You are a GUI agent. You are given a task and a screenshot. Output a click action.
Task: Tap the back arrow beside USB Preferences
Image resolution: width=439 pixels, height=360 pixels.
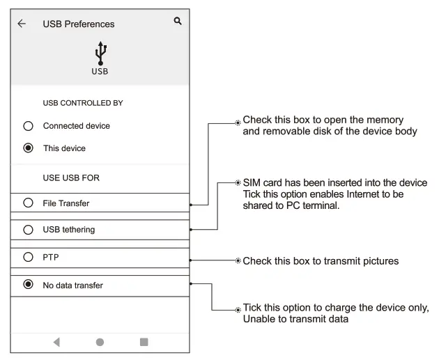coord(22,24)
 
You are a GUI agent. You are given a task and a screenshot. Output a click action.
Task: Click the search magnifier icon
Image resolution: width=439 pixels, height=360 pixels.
coord(178,22)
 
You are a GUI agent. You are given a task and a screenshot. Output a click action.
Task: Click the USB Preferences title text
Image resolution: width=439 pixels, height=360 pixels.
coord(79,24)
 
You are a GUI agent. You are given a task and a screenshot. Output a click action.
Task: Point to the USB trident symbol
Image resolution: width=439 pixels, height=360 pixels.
coord(100,53)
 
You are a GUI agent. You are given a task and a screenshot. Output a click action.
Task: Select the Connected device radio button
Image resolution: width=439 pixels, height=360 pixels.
coord(28,126)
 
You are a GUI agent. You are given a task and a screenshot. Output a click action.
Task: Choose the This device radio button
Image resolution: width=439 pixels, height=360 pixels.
coord(28,148)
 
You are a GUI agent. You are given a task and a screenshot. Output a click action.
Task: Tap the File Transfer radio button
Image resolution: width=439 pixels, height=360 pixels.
coord(28,203)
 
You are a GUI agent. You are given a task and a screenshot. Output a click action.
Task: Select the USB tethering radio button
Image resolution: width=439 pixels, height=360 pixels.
coord(28,230)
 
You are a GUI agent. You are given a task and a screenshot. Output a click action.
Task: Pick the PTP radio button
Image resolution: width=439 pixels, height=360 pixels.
coord(28,257)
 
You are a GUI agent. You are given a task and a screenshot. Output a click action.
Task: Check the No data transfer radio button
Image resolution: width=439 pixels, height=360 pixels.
coord(28,285)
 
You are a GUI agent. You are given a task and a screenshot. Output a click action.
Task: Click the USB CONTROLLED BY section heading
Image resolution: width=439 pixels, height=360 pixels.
coord(83,103)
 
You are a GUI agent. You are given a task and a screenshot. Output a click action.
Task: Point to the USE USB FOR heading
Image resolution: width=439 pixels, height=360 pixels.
coord(71,178)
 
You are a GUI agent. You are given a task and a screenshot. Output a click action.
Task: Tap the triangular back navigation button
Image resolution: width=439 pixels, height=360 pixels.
coord(56,342)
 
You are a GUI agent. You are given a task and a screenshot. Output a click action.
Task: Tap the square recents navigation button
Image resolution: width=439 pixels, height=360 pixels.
coord(144,342)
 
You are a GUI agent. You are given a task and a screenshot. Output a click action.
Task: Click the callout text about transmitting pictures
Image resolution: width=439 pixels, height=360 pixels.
coord(321,261)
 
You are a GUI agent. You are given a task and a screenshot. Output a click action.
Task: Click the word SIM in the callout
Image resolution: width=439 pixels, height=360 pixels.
coord(252,183)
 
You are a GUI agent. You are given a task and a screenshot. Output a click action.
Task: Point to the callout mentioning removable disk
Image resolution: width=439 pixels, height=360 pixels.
coord(330,126)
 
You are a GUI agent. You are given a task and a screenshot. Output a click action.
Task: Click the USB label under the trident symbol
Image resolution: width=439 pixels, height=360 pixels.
coord(100,72)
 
